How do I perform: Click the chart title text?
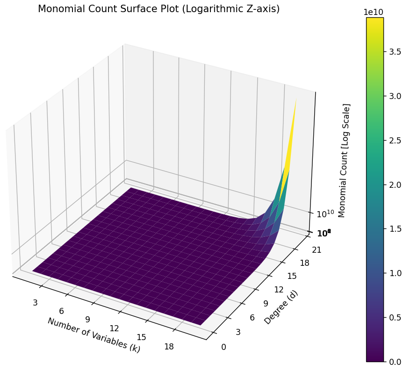tap(159, 9)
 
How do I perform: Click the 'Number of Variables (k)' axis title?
tap(94, 334)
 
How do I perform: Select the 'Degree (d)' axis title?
tap(281, 307)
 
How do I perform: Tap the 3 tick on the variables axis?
tap(35, 303)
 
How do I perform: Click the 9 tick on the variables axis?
tap(87, 320)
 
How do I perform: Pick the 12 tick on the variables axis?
tap(114, 328)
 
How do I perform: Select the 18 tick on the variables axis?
tap(169, 346)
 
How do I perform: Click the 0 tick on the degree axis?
tap(224, 347)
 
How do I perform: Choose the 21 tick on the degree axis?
tap(317, 249)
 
